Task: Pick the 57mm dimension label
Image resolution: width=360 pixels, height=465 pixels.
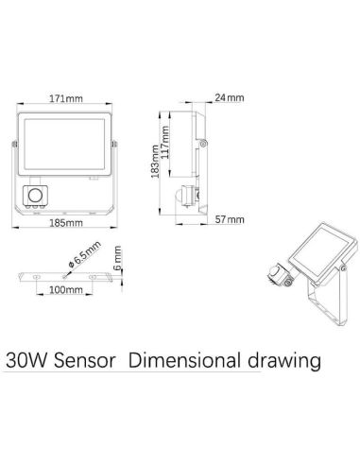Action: tap(231, 219)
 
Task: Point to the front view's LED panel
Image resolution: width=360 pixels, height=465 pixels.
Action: tap(64, 142)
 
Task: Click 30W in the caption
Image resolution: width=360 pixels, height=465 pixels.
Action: tap(26, 361)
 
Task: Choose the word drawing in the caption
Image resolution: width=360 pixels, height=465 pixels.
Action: tap(281, 361)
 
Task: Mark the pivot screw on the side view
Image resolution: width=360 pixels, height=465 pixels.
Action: tap(204, 143)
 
